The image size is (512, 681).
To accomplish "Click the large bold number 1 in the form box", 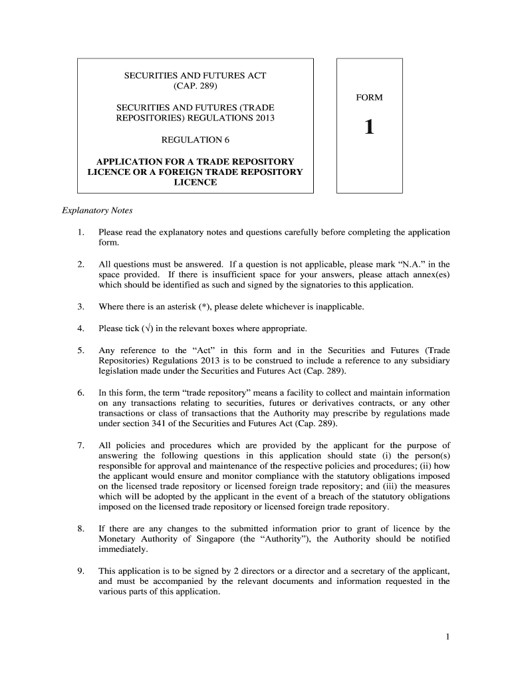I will (369, 126).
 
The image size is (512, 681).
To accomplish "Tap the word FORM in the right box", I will (369, 98).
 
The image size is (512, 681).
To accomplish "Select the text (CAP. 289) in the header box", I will (195, 86).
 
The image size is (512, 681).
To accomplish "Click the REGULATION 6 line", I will (195, 140).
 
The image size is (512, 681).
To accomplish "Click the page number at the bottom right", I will (448, 637).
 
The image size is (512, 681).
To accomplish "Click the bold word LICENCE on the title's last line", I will (195, 182).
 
